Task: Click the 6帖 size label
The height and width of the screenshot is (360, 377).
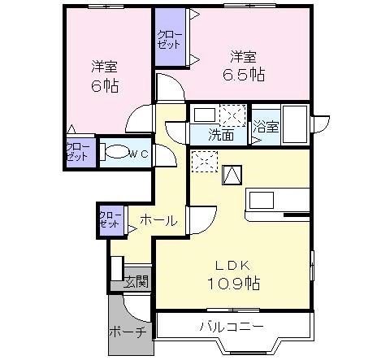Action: coord(105,85)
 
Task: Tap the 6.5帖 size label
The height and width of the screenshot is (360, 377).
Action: coord(244,74)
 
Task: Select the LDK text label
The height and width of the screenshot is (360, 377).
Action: coord(232,266)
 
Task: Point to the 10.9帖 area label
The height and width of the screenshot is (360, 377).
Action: coord(234,284)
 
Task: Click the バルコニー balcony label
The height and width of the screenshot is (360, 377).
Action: coord(232,327)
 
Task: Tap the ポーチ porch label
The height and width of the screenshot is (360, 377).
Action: coord(128,332)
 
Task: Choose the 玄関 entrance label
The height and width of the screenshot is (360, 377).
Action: coord(136,282)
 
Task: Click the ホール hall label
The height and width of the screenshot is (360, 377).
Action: coord(158,220)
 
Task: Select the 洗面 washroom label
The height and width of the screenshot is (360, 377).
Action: coord(221,135)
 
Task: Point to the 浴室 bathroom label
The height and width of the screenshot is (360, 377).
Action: coord(266,127)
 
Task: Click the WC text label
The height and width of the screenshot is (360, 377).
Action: coord(139,154)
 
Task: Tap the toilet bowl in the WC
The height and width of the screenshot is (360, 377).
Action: coord(117,152)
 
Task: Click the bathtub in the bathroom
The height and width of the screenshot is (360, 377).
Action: coord(295,124)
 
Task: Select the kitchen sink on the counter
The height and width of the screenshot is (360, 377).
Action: coord(262,200)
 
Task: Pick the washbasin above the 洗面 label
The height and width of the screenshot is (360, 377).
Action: coord(205,115)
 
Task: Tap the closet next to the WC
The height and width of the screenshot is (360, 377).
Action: coord(80,152)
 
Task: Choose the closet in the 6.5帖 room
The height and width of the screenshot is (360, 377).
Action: coord(171,37)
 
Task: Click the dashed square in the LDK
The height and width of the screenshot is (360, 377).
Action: coord(205,162)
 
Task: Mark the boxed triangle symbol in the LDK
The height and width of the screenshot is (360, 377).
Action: coord(232,175)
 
